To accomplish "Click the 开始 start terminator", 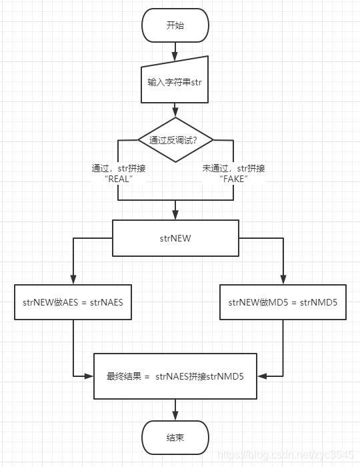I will (175, 25).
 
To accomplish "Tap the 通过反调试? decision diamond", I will (176, 139).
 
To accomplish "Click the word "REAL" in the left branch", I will (119, 179).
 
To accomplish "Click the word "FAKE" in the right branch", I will (233, 179).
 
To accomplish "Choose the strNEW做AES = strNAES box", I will (73, 302).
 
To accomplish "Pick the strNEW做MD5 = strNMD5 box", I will (283, 302).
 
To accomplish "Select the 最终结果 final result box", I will (175, 376).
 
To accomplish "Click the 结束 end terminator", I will (175, 438).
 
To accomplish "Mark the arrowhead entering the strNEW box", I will (175, 216).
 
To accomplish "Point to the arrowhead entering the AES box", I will (73, 280).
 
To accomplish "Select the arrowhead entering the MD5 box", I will (283, 280).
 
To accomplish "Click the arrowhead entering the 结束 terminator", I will (175, 416).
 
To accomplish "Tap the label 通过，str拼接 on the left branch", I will (119, 168).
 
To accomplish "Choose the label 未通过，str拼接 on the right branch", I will (233, 168).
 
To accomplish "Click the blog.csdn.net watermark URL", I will (287, 454).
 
